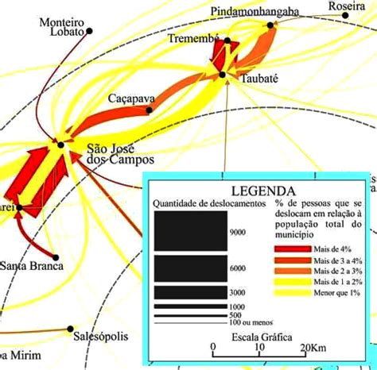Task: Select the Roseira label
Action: (347, 6)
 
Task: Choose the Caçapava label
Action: (131, 98)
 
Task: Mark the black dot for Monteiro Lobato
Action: (89, 31)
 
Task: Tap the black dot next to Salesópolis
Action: (71, 329)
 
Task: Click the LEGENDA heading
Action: (262, 191)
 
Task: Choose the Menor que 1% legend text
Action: (336, 293)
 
